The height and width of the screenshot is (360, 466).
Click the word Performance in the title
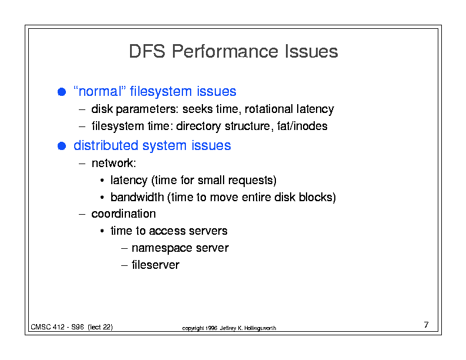[x=225, y=51]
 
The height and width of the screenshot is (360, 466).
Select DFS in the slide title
[x=147, y=51]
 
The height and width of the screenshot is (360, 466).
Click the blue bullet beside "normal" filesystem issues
[x=62, y=92]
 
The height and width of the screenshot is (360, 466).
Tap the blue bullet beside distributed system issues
[x=62, y=146]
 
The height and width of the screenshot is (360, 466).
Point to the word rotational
[x=269, y=109]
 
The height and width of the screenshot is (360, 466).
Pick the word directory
[x=198, y=126]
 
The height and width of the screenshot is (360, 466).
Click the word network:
[x=114, y=163]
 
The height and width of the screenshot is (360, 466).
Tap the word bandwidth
[x=137, y=197]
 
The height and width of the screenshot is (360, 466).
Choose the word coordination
[x=124, y=214]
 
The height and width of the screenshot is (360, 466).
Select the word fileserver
[x=155, y=265]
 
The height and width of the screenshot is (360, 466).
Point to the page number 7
[x=426, y=325]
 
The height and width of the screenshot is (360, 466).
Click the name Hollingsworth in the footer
[x=260, y=328]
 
